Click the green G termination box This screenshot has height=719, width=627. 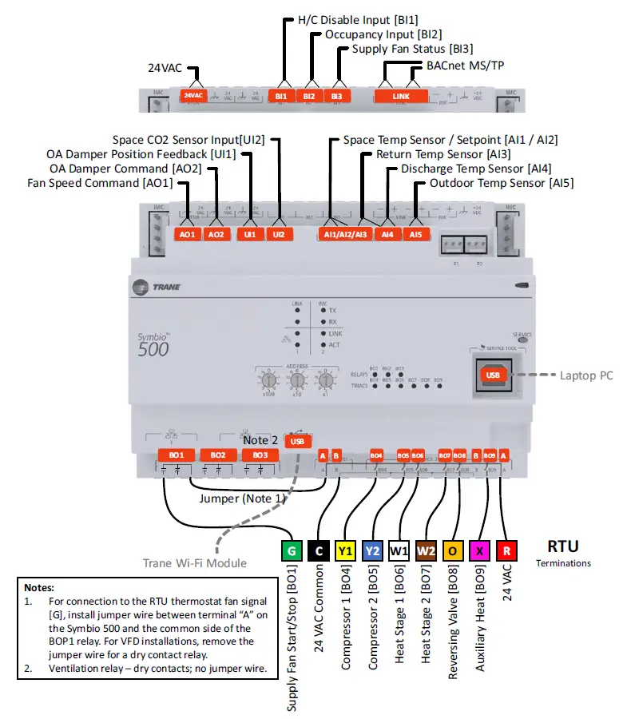[291, 550]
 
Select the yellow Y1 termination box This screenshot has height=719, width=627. [345, 550]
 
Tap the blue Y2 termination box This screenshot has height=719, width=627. [372, 550]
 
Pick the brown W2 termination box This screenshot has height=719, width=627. [426, 550]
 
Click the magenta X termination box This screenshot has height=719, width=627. [479, 550]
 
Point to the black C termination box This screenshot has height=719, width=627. [318, 550]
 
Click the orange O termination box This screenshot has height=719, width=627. [453, 550]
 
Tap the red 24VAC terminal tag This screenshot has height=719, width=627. [193, 96]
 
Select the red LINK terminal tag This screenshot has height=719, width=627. [401, 96]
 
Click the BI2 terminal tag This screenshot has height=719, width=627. [308, 96]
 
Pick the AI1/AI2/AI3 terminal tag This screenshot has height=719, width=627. [345, 235]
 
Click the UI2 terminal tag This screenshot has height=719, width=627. [278, 235]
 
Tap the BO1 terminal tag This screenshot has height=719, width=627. [176, 455]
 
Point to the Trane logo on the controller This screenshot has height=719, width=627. [158, 287]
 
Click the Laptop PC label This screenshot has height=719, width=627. [586, 375]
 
